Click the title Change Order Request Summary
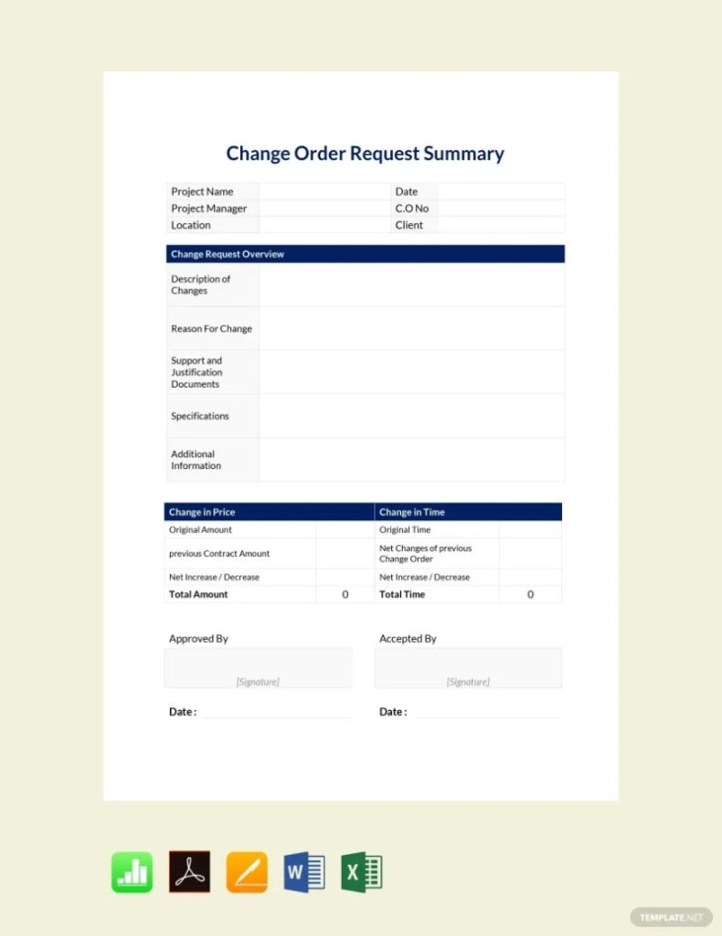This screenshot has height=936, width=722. coord(365,154)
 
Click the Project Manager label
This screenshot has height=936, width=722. coord(208,208)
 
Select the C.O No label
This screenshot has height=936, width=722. coord(411,208)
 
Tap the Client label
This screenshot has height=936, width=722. coord(409,225)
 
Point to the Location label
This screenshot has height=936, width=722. coord(190,225)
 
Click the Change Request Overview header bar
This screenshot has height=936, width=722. coord(365,254)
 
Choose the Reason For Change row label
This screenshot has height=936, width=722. coord(211,329)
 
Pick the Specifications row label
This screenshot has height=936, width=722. coord(199,416)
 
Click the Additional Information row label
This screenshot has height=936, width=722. coord(196,460)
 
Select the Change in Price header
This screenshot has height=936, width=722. coord(202,512)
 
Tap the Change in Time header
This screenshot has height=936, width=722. coord(412,512)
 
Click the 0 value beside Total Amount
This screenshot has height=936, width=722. coord(345,594)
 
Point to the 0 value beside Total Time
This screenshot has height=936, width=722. coord(530,594)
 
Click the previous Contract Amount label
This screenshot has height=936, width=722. coord(218,554)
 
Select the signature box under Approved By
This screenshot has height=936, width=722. coord(258,668)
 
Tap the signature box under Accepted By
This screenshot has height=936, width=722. coord(468,668)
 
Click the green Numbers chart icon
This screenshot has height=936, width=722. coord(133,872)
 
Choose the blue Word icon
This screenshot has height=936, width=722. coord(304,872)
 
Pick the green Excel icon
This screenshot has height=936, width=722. coord(362,872)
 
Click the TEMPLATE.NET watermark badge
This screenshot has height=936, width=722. coord(671,916)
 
